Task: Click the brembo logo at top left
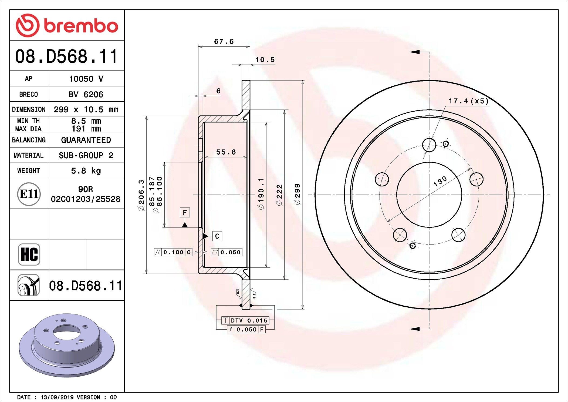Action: (x=67, y=25)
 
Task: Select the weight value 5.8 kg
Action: (x=86, y=171)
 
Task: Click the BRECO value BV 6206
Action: (x=86, y=94)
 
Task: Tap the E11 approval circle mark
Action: (x=29, y=194)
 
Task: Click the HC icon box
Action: (x=29, y=254)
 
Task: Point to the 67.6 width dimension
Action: (x=224, y=42)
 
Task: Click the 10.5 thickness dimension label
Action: (x=265, y=60)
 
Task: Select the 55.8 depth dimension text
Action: (x=226, y=152)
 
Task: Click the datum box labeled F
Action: (x=185, y=212)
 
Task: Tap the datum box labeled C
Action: (x=217, y=236)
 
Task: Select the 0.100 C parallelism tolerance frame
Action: (x=173, y=252)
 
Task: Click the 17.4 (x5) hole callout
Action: (x=468, y=101)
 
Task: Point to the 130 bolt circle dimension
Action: (x=440, y=181)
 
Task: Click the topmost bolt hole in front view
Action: (x=429, y=145)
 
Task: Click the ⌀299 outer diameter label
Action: (x=297, y=194)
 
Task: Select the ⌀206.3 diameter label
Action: (x=141, y=195)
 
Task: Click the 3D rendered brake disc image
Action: (x=67, y=345)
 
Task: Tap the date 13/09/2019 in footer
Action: (x=57, y=397)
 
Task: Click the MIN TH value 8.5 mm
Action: (x=86, y=121)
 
